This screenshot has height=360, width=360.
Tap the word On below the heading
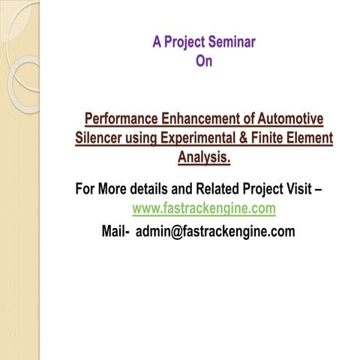[204, 61]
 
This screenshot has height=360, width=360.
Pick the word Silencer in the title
[103, 139]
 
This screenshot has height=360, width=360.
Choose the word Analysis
[204, 158]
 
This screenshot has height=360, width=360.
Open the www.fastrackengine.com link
[204, 208]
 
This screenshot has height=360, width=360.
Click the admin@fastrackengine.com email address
[215, 231]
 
